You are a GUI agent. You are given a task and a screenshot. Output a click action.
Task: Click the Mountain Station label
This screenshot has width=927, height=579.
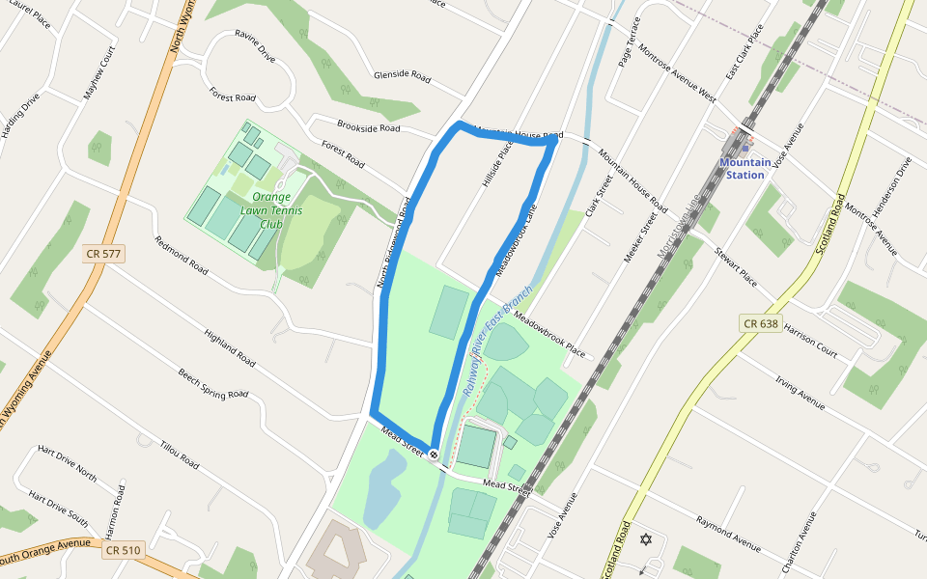pos(744,169)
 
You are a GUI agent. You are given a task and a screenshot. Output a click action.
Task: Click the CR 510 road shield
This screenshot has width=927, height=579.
pos(124,550)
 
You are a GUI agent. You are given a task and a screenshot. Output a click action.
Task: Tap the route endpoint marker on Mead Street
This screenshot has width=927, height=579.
pos(435,455)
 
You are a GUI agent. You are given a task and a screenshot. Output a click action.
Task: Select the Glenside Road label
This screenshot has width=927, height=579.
pos(402,75)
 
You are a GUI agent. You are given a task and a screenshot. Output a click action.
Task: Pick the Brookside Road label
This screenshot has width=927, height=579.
pos(368,126)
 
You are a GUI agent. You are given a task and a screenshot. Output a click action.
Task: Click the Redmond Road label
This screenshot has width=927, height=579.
pos(182,256)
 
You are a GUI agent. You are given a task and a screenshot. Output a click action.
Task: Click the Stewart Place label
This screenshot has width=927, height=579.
pos(736,269)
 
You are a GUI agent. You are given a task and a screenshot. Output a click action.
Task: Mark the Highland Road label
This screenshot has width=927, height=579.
pos(230,348)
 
